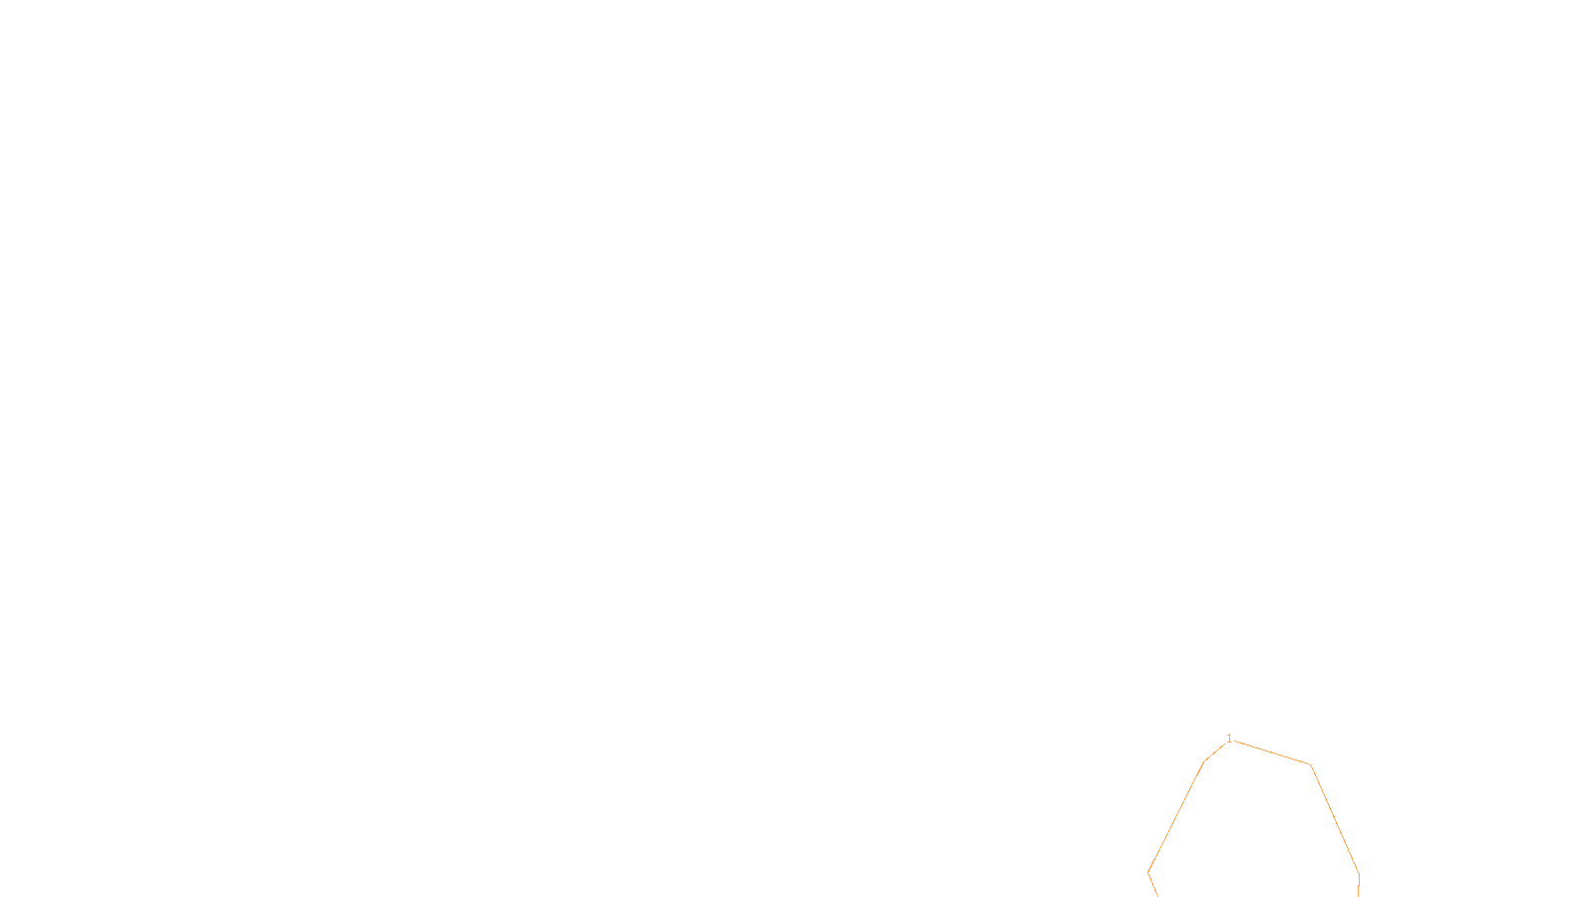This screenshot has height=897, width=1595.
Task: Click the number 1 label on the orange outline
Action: (x=1229, y=739)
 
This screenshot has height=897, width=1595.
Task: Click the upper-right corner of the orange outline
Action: (x=1310, y=764)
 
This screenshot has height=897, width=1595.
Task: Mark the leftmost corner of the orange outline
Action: (x=1148, y=873)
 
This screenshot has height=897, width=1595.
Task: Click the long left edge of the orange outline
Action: (x=1176, y=817)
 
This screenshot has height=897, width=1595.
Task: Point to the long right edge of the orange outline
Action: (x=1335, y=819)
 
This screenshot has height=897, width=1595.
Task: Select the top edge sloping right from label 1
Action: (x=1271, y=752)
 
